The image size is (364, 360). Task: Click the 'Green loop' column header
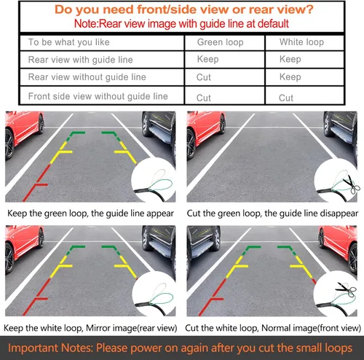tap(221, 42)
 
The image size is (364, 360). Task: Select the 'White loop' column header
tap(301, 42)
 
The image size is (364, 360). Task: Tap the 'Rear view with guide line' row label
tap(81, 60)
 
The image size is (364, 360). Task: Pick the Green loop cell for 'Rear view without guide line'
tap(204, 77)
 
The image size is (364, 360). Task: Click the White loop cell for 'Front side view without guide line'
tap(286, 98)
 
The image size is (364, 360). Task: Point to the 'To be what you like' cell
tap(69, 42)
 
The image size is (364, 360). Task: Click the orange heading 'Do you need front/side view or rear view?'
tap(184, 9)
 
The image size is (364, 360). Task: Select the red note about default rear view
tap(181, 24)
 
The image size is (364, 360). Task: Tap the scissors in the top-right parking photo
tap(352, 184)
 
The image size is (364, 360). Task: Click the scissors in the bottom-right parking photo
tap(346, 289)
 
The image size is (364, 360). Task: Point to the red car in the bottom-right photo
tap(339, 247)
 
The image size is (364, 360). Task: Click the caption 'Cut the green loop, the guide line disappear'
tap(272, 214)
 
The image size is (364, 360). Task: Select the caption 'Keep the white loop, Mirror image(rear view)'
tap(90, 328)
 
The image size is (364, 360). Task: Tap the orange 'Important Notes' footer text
tap(180, 348)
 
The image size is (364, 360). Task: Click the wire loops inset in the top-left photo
tap(154, 180)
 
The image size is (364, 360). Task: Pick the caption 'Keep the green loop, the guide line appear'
tap(90, 214)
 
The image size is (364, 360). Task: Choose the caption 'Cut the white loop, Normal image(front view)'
tap(273, 328)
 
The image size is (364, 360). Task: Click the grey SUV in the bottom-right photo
tap(203, 242)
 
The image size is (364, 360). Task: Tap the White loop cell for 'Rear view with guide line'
tap(290, 59)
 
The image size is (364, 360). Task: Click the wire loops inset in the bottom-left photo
tap(154, 294)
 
